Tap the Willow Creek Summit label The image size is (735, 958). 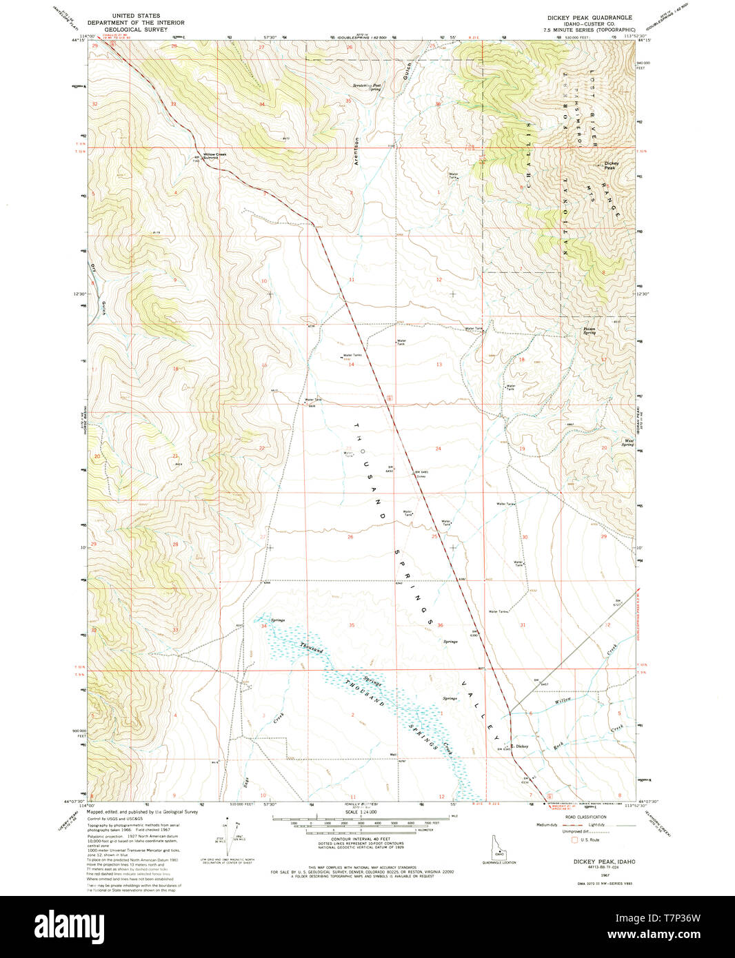214,156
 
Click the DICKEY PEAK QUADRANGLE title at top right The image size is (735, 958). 590,17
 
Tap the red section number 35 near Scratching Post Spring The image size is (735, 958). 348,101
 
